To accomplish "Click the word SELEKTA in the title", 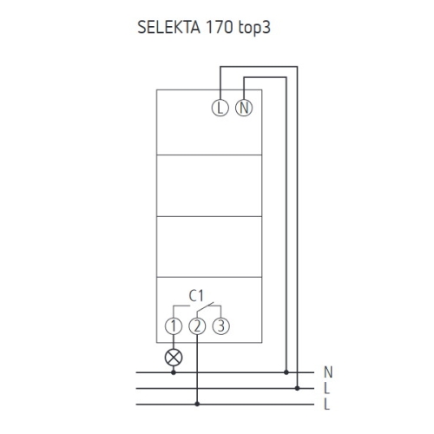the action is coord(168,28).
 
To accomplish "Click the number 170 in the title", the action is coord(219,28).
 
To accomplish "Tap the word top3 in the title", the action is coord(254,28).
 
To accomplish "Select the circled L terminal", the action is coord(220,108).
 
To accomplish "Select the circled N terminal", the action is coord(244,108).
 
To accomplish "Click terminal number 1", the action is coord(174,326).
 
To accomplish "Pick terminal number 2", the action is coord(197,326).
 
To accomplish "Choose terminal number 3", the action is coord(221,326).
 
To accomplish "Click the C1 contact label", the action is coord(196,296).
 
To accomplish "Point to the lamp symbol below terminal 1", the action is coord(174,358).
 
